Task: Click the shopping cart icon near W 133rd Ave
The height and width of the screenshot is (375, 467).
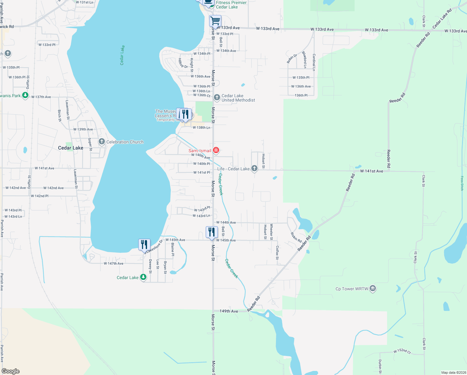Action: [x=215, y=21]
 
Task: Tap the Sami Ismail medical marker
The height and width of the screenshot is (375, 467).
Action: [x=216, y=150]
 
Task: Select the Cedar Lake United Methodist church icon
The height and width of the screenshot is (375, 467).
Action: [x=217, y=98]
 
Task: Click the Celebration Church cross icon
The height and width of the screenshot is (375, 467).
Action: [x=101, y=142]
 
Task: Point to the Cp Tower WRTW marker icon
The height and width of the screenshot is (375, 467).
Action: [x=372, y=288]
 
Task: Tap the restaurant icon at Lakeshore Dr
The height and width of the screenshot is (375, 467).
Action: [x=144, y=244]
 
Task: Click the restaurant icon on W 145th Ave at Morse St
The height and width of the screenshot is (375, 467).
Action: [x=212, y=232]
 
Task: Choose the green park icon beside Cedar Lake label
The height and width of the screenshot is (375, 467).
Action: [x=143, y=277]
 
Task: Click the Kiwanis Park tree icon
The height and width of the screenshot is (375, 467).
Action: [x=25, y=96]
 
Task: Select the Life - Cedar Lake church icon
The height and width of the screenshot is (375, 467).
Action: [x=254, y=168]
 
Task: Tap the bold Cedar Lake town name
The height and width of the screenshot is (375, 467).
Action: [x=71, y=148]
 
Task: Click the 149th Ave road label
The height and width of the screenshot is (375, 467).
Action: [x=229, y=311]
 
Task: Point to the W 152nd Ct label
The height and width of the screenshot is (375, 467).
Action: [x=402, y=351]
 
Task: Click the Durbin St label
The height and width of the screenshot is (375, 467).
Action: [x=380, y=366]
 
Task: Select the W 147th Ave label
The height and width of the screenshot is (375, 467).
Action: [x=114, y=263]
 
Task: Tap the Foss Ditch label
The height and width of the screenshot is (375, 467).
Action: [x=462, y=183]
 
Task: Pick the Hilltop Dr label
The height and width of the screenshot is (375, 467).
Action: [x=183, y=63]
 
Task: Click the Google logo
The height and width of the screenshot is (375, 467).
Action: [x=11, y=371]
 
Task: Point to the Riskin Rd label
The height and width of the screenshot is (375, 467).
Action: [x=296, y=237]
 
